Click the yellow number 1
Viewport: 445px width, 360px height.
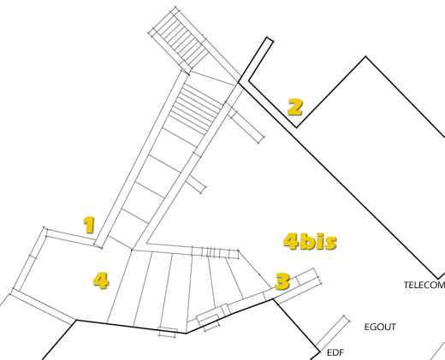(x=89, y=225)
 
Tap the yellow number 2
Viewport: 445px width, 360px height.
(x=294, y=107)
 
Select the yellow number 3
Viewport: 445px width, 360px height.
(x=282, y=281)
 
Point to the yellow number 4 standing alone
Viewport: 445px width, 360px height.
(x=101, y=280)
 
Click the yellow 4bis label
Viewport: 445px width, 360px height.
(x=310, y=241)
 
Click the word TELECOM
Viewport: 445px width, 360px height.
(x=424, y=285)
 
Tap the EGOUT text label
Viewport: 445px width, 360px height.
(x=380, y=327)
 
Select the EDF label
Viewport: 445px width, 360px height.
(x=335, y=352)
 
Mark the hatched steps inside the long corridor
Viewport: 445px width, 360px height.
(x=195, y=105)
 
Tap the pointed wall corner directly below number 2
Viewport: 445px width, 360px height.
(x=297, y=127)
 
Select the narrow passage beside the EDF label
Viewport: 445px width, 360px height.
(x=332, y=333)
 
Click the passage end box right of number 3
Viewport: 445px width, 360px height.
(x=309, y=276)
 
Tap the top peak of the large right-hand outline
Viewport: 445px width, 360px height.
(x=365, y=56)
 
